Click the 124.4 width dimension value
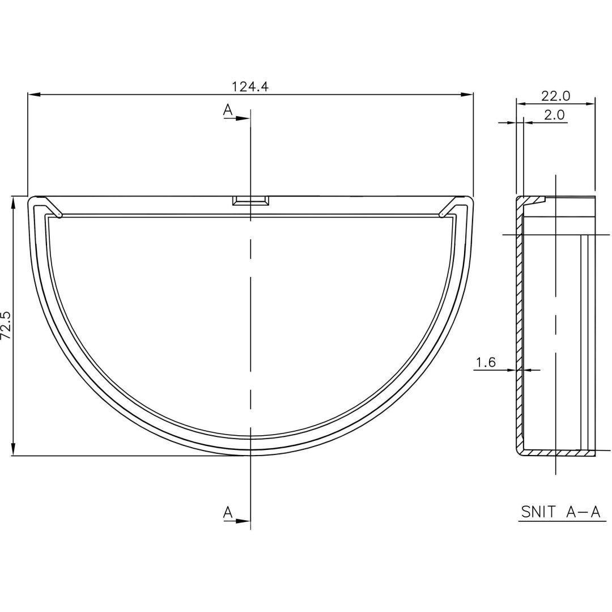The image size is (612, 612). click(x=250, y=86)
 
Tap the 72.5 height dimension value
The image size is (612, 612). click(x=6, y=326)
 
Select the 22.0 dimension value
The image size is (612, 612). click(x=555, y=96)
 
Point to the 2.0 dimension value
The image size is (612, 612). click(x=554, y=115)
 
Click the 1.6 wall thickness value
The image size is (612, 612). click(x=486, y=363)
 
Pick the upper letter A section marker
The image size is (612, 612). click(x=228, y=110)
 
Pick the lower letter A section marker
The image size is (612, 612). click(x=228, y=512)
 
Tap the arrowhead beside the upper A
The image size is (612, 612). click(x=243, y=118)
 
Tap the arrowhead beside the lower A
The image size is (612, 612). click(x=243, y=520)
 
